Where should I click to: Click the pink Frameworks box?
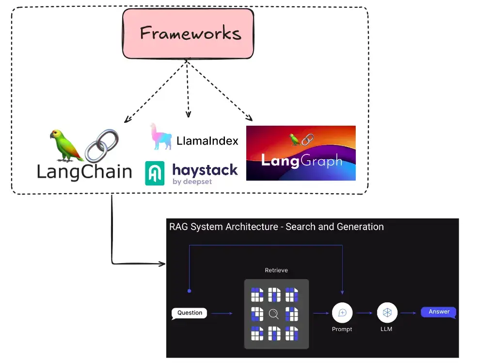[x=188, y=33]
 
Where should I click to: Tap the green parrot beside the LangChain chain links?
[x=65, y=145]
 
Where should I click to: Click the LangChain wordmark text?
[x=84, y=171]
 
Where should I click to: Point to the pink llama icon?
[x=160, y=136]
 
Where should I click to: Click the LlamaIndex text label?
[x=207, y=141]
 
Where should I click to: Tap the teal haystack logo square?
[x=155, y=173]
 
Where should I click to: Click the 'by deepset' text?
[x=192, y=182]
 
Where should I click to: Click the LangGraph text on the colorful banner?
[x=301, y=161]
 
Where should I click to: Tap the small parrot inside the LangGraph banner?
[x=294, y=139]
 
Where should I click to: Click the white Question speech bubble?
[x=190, y=313]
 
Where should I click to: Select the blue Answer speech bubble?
[x=439, y=312]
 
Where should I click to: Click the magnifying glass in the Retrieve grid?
[x=273, y=314]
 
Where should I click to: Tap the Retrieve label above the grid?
[x=276, y=270]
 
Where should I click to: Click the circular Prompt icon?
[x=342, y=313]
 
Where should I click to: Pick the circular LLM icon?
[x=387, y=313]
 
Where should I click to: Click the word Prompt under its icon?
[x=342, y=329]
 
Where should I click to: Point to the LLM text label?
[x=386, y=329]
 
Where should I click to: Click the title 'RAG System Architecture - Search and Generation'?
[x=276, y=227]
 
